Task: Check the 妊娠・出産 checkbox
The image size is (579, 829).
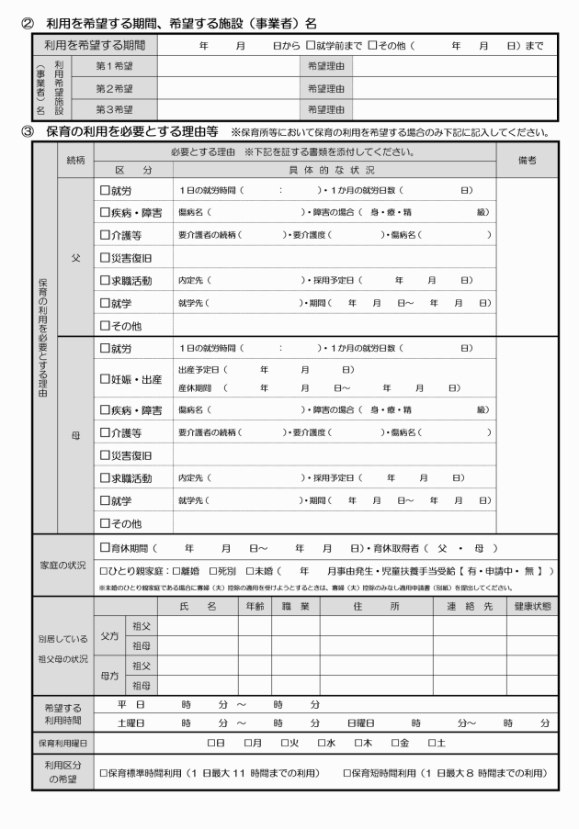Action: pos(105,379)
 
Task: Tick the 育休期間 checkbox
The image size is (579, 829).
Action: pos(105,548)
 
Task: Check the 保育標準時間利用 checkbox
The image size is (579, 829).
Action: pos(104,773)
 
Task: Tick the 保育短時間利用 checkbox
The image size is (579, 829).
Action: pos(347,773)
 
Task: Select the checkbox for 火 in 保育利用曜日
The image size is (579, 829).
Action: pos(285,742)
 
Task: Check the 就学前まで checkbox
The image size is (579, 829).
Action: pos(311,44)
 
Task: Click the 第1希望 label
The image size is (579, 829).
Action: pos(114,66)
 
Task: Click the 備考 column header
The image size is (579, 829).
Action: pos(526,160)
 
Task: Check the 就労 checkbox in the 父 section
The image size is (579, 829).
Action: pos(105,190)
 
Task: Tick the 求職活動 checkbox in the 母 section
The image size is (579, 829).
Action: pos(105,478)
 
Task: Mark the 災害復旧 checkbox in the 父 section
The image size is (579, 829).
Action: pos(105,258)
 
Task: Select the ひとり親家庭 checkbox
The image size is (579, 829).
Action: pos(104,571)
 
